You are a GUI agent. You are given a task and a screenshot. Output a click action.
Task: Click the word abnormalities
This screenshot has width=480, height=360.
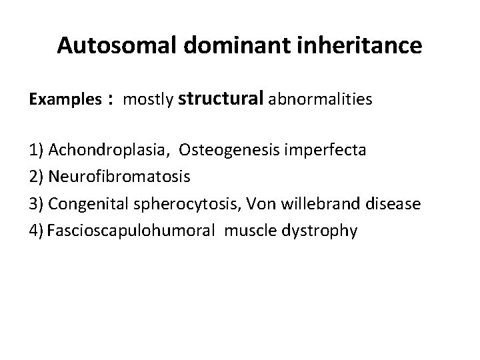[x=320, y=100]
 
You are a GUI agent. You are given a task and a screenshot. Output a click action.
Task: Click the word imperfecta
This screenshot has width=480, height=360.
[x=323, y=150]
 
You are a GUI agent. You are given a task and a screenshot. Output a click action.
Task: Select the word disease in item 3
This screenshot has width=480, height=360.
[x=394, y=203]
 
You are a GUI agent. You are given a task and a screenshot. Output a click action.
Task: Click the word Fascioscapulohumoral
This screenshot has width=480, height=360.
[x=131, y=231]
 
